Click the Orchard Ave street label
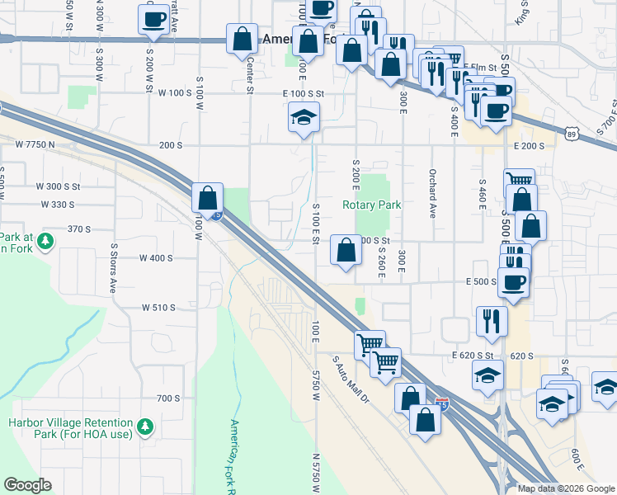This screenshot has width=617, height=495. [x=431, y=193]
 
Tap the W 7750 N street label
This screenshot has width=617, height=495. [x=35, y=144]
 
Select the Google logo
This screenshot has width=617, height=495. [x=28, y=485]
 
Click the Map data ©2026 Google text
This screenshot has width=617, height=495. [x=566, y=488]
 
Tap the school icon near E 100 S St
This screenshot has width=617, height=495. [x=304, y=119]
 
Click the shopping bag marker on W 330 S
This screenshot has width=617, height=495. [x=208, y=198]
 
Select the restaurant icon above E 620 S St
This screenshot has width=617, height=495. [x=492, y=321]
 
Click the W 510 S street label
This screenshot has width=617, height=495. [x=158, y=308]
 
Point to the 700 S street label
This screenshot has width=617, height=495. [x=168, y=398]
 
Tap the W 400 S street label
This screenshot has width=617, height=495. [x=156, y=258]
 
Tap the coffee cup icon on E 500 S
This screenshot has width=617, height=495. [x=513, y=281]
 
